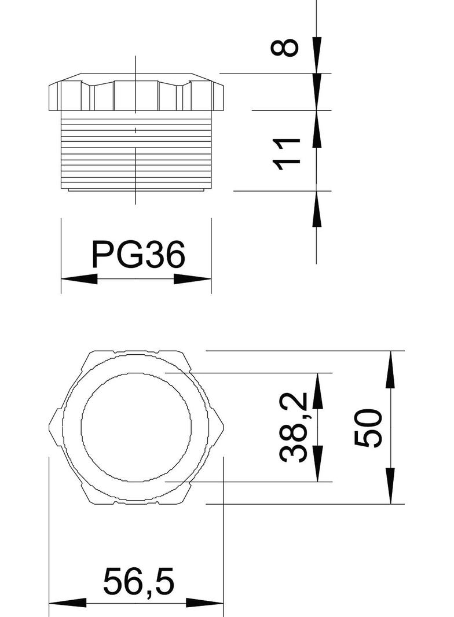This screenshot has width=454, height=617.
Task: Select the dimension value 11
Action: coord(287,154)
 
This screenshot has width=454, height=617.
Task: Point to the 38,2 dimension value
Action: coord(293,427)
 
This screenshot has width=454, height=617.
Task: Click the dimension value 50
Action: coord(369,428)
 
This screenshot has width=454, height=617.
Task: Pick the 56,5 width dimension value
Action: coord(139,582)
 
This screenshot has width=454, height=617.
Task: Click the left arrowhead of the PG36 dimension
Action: coord(79,279)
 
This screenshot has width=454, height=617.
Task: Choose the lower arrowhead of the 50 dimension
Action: coord(391,486)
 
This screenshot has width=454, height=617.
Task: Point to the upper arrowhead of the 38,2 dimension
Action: coord(317,391)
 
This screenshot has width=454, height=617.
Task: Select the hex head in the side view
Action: coord(136,93)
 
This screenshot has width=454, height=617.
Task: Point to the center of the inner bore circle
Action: coord(136,427)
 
